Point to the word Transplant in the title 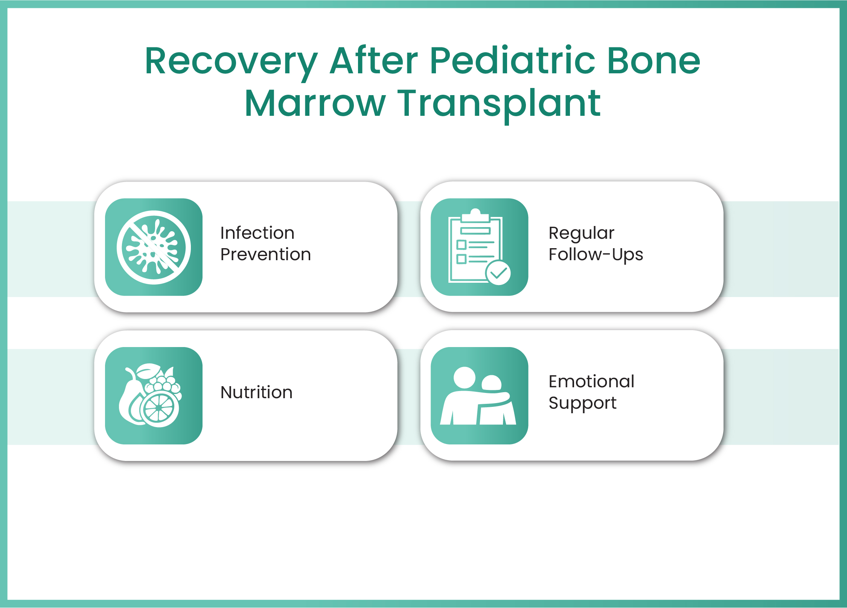tap(499, 106)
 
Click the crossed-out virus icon tap(154, 247)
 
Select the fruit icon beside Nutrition tap(150, 395)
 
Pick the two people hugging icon tap(478, 396)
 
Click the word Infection tap(257, 233)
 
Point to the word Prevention tap(265, 255)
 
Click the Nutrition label tap(256, 393)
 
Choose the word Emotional tap(591, 382)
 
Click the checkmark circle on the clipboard tap(498, 273)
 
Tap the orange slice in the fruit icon tap(159, 408)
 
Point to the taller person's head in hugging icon tap(464, 378)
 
